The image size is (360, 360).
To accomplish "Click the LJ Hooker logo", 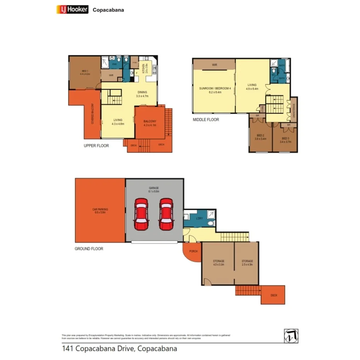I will pos(72,10).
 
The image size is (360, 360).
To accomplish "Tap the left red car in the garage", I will pos(141,214).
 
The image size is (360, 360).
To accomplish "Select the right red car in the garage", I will pos(166,214).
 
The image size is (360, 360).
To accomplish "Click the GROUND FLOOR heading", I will pos(89,249).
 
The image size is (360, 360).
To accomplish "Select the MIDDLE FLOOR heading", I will pos(206,120).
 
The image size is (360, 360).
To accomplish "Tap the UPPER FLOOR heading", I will pos(96,146).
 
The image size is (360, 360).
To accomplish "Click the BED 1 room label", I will pos(85,72).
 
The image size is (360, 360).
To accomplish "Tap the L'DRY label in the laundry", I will pos(199,219).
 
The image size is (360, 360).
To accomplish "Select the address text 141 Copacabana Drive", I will pos(119,348).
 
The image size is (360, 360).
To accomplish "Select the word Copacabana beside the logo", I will pos(108,10).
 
